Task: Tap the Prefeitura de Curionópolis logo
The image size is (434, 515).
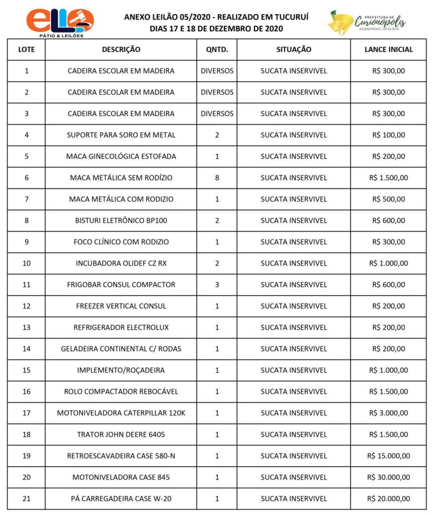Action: click(x=367, y=22)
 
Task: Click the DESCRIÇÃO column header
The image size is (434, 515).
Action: click(x=121, y=50)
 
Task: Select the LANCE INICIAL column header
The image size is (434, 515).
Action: click(x=388, y=50)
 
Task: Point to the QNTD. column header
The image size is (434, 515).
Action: click(x=217, y=50)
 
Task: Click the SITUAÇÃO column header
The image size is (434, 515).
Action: click(x=294, y=50)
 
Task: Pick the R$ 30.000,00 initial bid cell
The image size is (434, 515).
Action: click(x=388, y=477)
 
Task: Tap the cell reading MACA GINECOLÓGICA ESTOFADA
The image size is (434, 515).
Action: click(x=121, y=156)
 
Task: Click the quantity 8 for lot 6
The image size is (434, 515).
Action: click(x=217, y=178)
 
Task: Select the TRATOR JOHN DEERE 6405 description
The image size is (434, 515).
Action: click(x=121, y=435)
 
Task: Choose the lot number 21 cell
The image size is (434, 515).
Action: click(x=26, y=498)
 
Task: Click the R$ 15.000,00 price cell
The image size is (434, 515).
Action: click(x=388, y=456)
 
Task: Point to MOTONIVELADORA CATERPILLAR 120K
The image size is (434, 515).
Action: click(x=121, y=413)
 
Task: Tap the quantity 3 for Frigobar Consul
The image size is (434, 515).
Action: click(x=217, y=285)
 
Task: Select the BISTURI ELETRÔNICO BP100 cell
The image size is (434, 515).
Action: click(x=121, y=220)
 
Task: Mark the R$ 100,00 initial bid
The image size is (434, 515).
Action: click(x=388, y=135)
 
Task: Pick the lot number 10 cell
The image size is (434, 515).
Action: click(x=26, y=263)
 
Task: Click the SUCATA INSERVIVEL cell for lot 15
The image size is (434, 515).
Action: click(x=294, y=370)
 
